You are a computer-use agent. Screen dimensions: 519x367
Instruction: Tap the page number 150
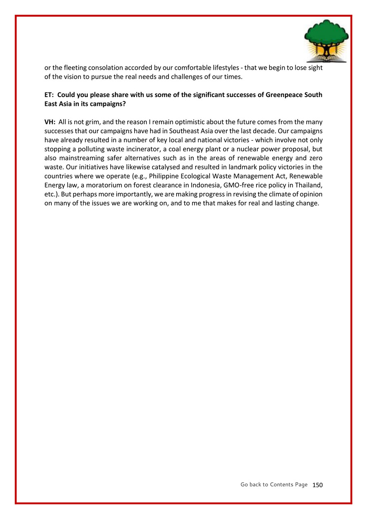(317, 485)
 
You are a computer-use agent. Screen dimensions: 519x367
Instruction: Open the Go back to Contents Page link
(274, 484)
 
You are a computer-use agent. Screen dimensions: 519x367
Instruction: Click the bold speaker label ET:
(49, 95)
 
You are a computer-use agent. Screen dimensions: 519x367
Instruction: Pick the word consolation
(108, 68)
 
